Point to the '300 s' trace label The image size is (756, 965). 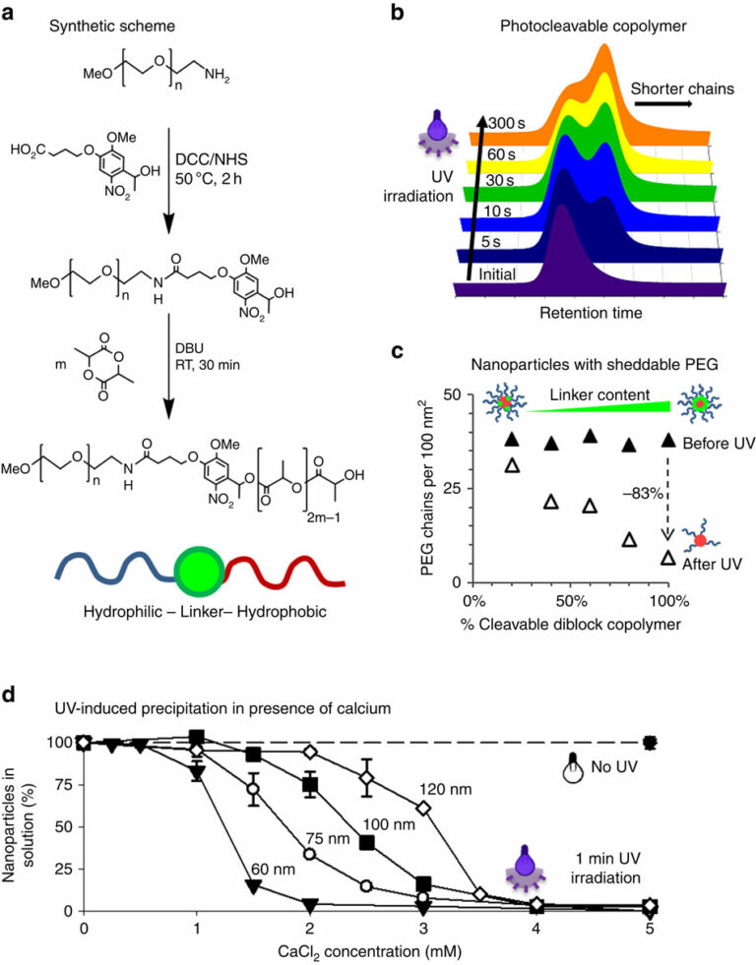click(x=507, y=123)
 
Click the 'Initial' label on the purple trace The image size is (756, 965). click(x=497, y=273)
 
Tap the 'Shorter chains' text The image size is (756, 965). click(x=682, y=89)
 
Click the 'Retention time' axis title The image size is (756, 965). click(x=591, y=313)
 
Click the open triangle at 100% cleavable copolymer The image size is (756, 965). click(x=668, y=558)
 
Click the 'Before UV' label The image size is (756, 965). click(x=719, y=443)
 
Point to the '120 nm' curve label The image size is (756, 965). click(x=446, y=788)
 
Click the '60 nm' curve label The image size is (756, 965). click(x=273, y=869)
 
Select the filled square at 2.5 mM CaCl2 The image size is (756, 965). click(x=367, y=843)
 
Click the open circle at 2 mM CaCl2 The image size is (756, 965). click(x=309, y=854)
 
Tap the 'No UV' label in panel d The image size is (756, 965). click(x=614, y=766)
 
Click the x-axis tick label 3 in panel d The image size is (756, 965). click(x=423, y=927)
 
